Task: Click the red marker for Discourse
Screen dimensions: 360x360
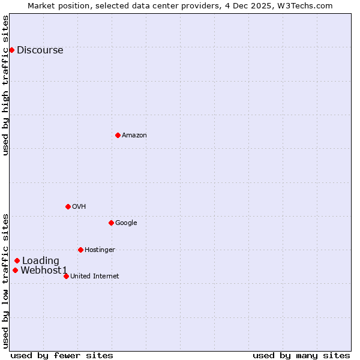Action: pyautogui.click(x=11, y=50)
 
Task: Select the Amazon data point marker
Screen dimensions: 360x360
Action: pyautogui.click(x=118, y=135)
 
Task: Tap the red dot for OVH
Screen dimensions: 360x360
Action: pyautogui.click(x=68, y=206)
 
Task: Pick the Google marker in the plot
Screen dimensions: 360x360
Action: pyautogui.click(x=111, y=223)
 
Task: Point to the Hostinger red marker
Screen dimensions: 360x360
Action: pyautogui.click(x=80, y=250)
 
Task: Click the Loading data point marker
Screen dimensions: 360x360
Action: pyautogui.click(x=17, y=260)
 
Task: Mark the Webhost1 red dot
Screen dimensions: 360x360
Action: pyautogui.click(x=15, y=270)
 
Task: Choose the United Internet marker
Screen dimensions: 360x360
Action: pyautogui.click(x=66, y=276)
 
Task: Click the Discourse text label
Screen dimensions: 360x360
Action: pyautogui.click(x=40, y=50)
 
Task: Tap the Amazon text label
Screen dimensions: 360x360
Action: pyautogui.click(x=134, y=136)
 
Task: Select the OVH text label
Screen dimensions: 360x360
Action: pyautogui.click(x=79, y=207)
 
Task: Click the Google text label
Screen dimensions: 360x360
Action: pyautogui.click(x=126, y=223)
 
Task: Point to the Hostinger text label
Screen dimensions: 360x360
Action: pyautogui.click(x=100, y=250)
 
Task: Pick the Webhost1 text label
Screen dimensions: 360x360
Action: pyautogui.click(x=44, y=271)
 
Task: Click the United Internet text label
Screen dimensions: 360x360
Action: pyautogui.click(x=94, y=277)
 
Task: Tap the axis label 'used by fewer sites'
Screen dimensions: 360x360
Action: pyautogui.click(x=62, y=355)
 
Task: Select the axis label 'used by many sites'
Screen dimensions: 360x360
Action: pyautogui.click(x=301, y=355)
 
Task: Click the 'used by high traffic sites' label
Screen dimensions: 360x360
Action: pyautogui.click(x=6, y=85)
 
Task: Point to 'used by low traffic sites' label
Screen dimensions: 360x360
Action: pyautogui.click(x=6, y=281)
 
